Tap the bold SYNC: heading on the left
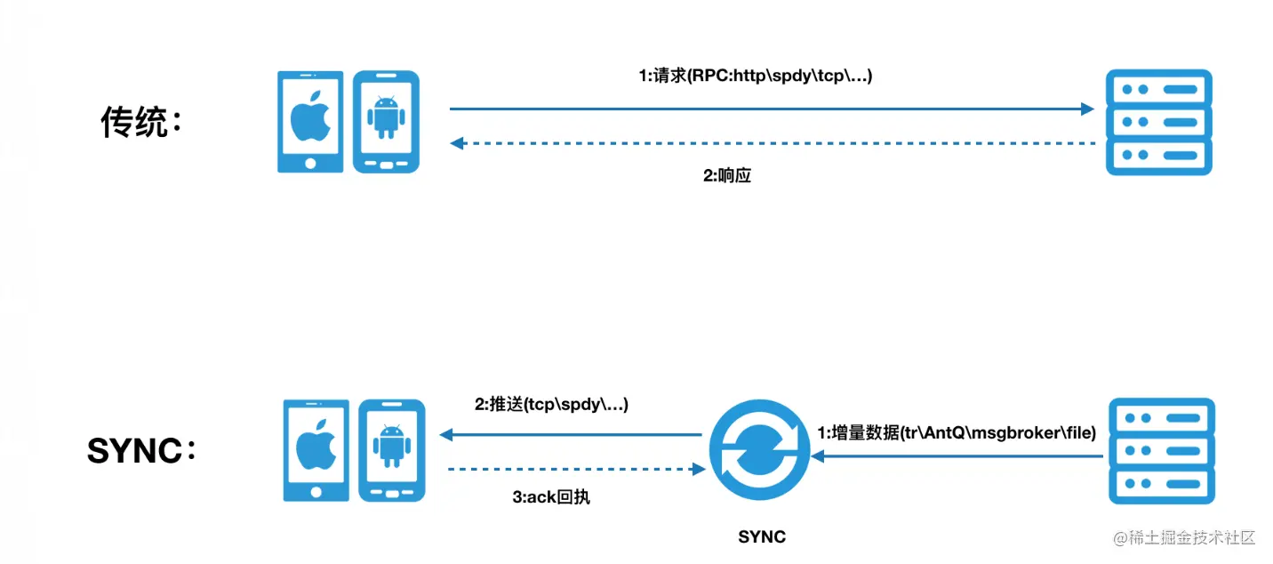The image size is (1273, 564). coord(141,450)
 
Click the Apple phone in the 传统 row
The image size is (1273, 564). coord(310,122)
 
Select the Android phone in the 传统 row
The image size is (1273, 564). coord(387,122)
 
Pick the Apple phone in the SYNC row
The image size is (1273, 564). coord(316,450)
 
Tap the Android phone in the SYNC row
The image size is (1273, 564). coord(392,450)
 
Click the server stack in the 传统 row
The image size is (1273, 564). coord(1159,122)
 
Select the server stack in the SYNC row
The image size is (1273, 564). coord(1162,451)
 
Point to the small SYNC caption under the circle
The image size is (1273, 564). coord(762,536)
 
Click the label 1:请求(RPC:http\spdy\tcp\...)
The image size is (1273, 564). coord(756,76)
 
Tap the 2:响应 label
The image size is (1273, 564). coord(727,175)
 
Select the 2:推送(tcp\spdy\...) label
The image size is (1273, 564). coord(551,404)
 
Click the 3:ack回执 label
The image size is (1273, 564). coord(551,497)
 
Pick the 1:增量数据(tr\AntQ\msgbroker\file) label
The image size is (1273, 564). coord(957,432)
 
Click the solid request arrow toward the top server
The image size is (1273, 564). coord(772,109)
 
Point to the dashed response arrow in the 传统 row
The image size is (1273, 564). coord(773,143)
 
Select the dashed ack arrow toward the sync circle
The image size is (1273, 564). coord(577,469)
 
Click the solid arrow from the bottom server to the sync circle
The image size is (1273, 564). coord(957,456)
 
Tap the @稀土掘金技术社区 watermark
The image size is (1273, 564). coord(1184,537)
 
